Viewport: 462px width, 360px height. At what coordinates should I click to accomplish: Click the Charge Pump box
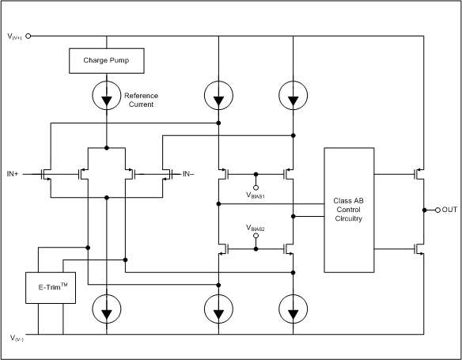(105, 59)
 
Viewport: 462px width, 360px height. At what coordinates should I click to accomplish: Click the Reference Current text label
(142, 100)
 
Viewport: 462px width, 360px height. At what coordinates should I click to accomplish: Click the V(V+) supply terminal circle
(28, 36)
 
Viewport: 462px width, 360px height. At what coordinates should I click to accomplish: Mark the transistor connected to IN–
(167, 173)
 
